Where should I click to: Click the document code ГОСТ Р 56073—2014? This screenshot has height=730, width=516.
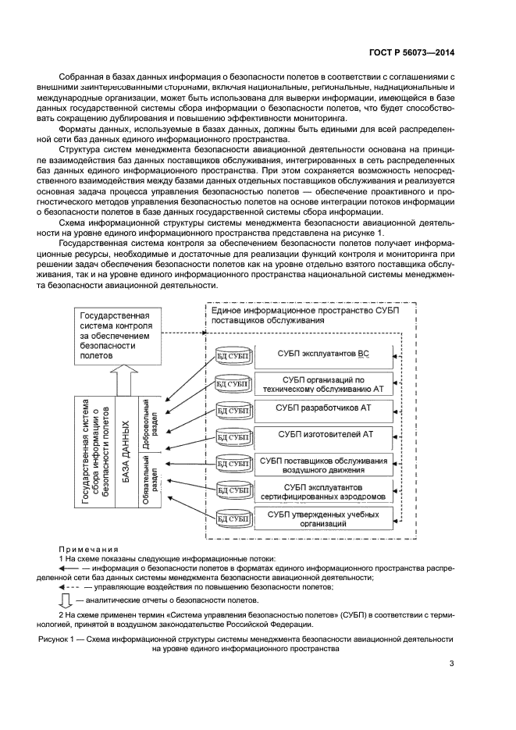411,52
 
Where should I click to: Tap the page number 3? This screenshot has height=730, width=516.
451,664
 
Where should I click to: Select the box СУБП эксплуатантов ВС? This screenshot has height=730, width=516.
322,354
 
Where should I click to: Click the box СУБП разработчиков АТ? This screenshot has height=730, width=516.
322,408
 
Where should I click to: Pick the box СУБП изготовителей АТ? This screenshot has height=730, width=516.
322,434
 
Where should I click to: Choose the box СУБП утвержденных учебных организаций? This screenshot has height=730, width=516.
322,518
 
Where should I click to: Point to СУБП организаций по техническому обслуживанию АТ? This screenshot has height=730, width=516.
322,381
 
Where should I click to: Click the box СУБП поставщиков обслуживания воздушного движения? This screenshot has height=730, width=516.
322,464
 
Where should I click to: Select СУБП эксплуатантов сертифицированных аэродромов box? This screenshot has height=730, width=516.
322,491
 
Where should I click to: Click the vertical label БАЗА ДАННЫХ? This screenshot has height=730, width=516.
125,453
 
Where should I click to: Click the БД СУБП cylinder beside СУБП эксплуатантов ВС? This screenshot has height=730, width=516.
232,356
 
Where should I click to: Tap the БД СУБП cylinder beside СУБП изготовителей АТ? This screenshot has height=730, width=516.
232,436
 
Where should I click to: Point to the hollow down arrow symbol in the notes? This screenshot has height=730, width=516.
66,600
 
